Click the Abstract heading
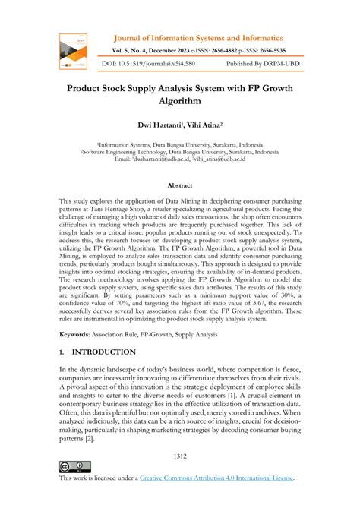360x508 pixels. click(179, 185)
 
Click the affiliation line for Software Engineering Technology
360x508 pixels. click(179, 151)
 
